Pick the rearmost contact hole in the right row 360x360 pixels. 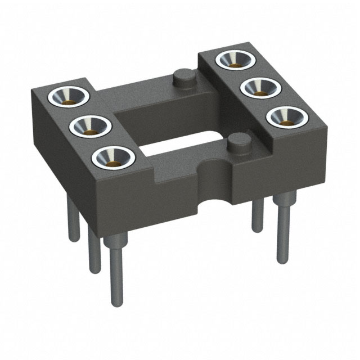tap(233, 58)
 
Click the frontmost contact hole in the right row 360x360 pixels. tap(285, 118)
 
